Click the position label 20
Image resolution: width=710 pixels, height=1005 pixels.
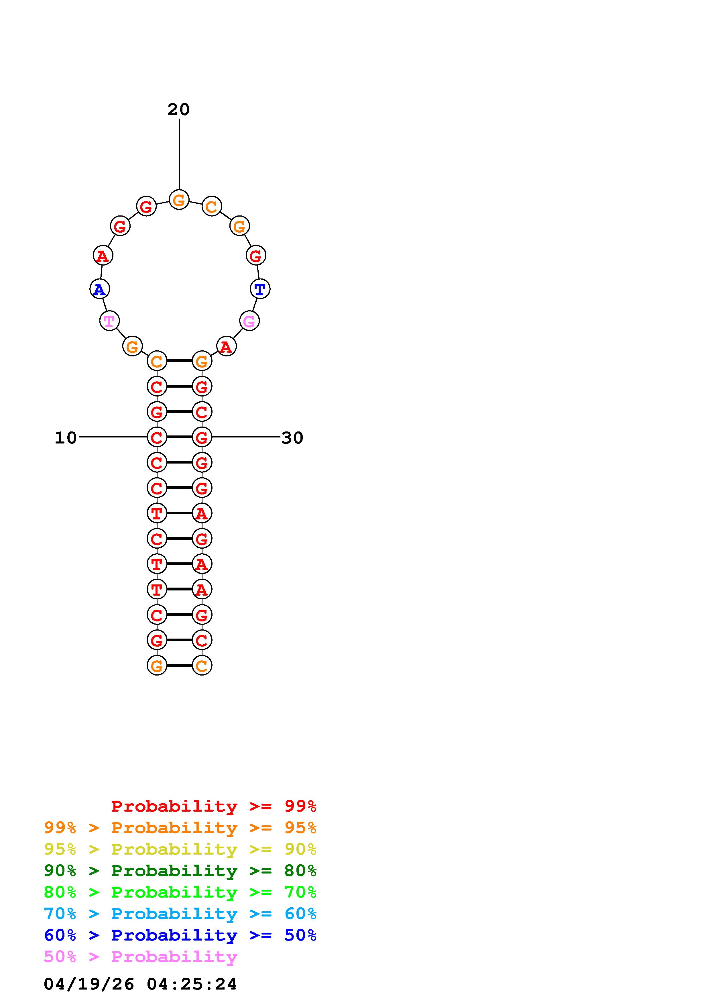178,109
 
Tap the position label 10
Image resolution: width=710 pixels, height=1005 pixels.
66,438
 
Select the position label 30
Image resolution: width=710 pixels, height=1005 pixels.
292,438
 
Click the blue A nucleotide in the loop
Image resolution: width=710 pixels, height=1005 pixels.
100,289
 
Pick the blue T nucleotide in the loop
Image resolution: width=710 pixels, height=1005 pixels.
260,289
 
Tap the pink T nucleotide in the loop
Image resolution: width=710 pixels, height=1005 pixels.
109,321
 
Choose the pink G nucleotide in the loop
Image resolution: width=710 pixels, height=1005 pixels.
249,321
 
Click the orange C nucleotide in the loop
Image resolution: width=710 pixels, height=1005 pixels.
212,207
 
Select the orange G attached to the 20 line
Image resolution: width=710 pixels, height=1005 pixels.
179,200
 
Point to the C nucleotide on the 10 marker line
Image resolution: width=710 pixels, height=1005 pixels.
157,437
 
